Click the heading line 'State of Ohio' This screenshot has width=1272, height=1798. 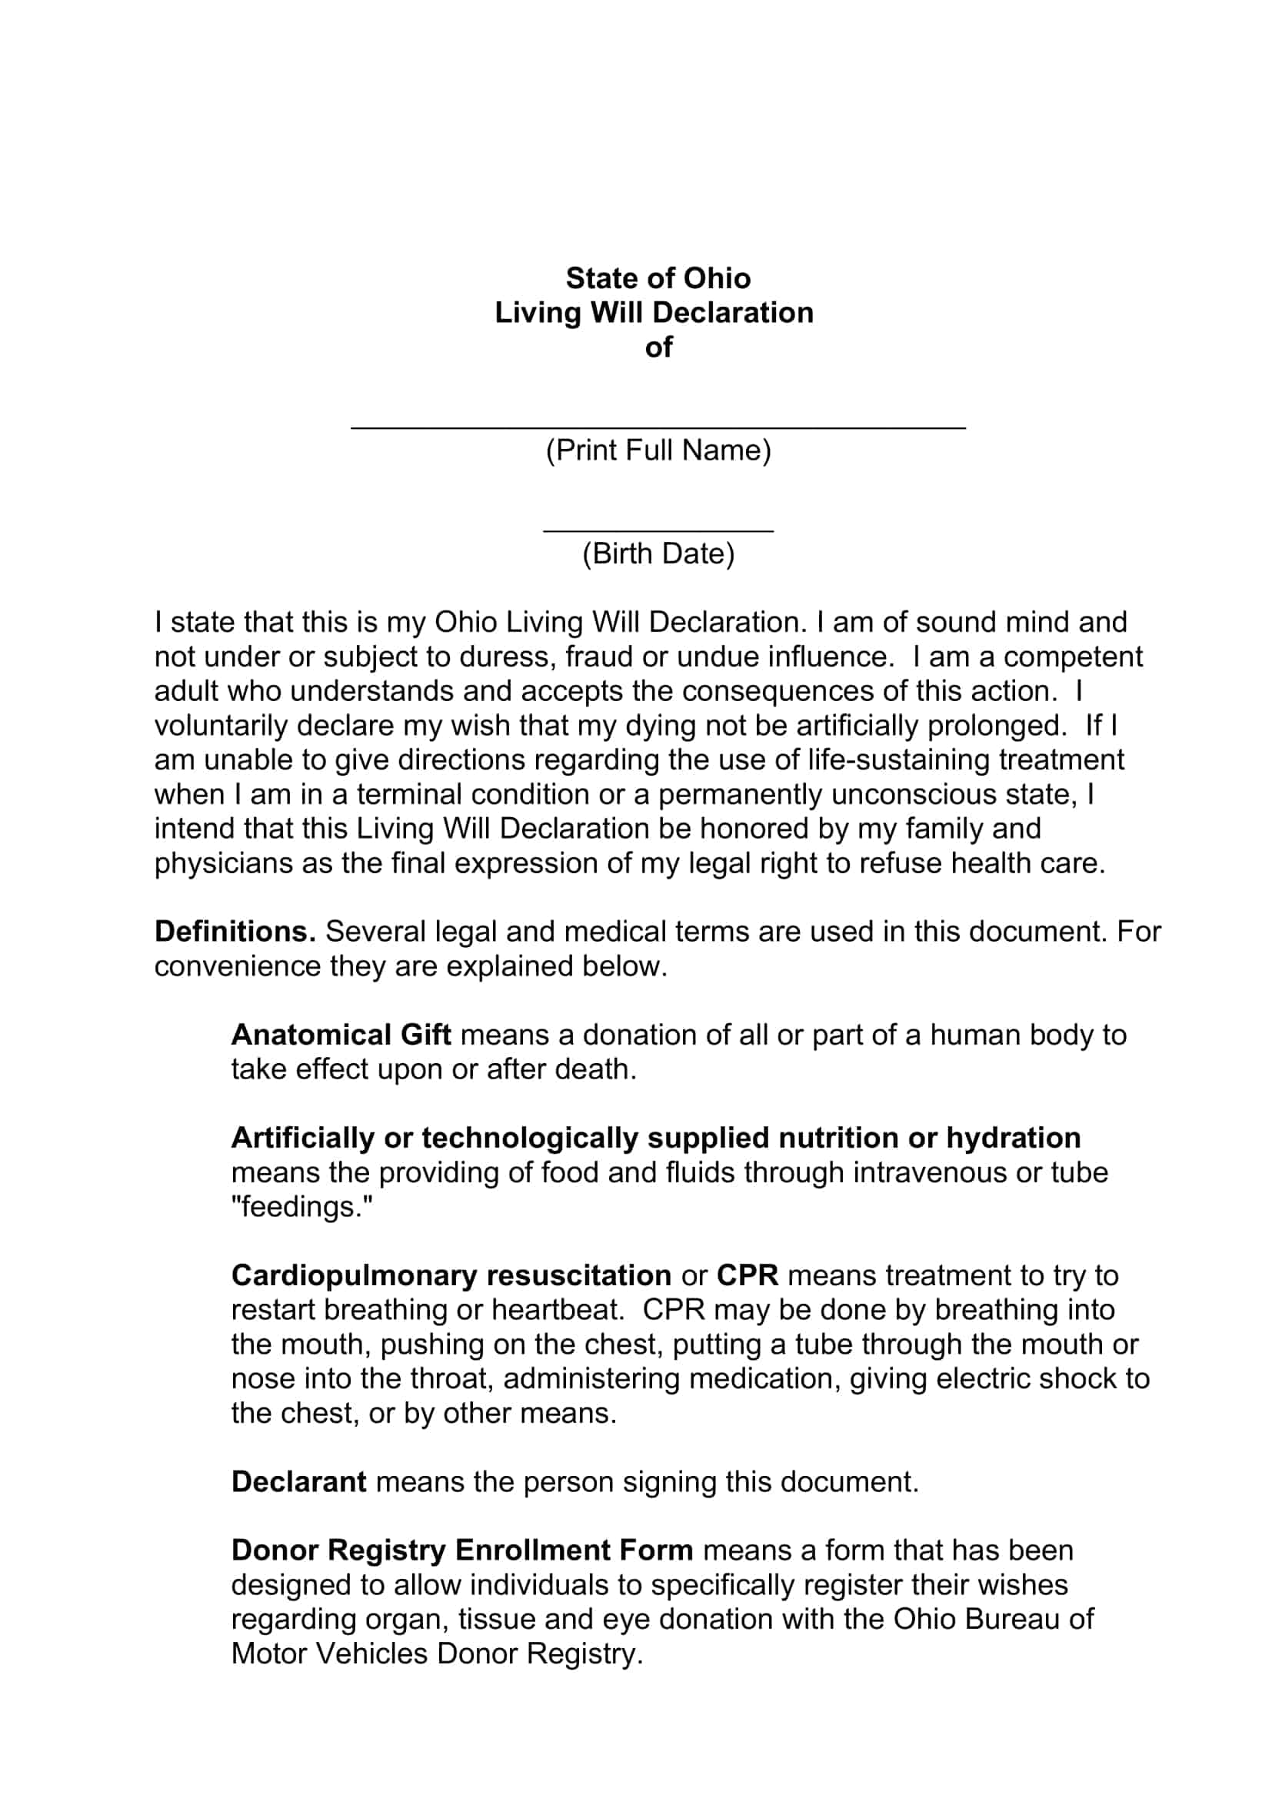(x=658, y=278)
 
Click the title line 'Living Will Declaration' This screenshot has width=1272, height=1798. (x=654, y=312)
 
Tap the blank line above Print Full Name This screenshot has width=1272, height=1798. (x=658, y=427)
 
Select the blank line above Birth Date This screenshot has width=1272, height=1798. (x=658, y=530)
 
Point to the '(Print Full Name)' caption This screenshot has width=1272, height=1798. (x=658, y=450)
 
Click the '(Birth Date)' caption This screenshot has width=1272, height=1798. (x=658, y=553)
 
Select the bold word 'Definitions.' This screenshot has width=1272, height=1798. (x=235, y=931)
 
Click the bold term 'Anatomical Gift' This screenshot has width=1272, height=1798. (x=341, y=1035)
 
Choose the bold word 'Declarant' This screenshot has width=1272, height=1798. (x=298, y=1481)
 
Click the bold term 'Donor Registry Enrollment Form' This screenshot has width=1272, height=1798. (x=462, y=1550)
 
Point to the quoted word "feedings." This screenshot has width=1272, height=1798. (x=301, y=1207)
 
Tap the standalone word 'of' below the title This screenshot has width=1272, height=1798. (x=658, y=347)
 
